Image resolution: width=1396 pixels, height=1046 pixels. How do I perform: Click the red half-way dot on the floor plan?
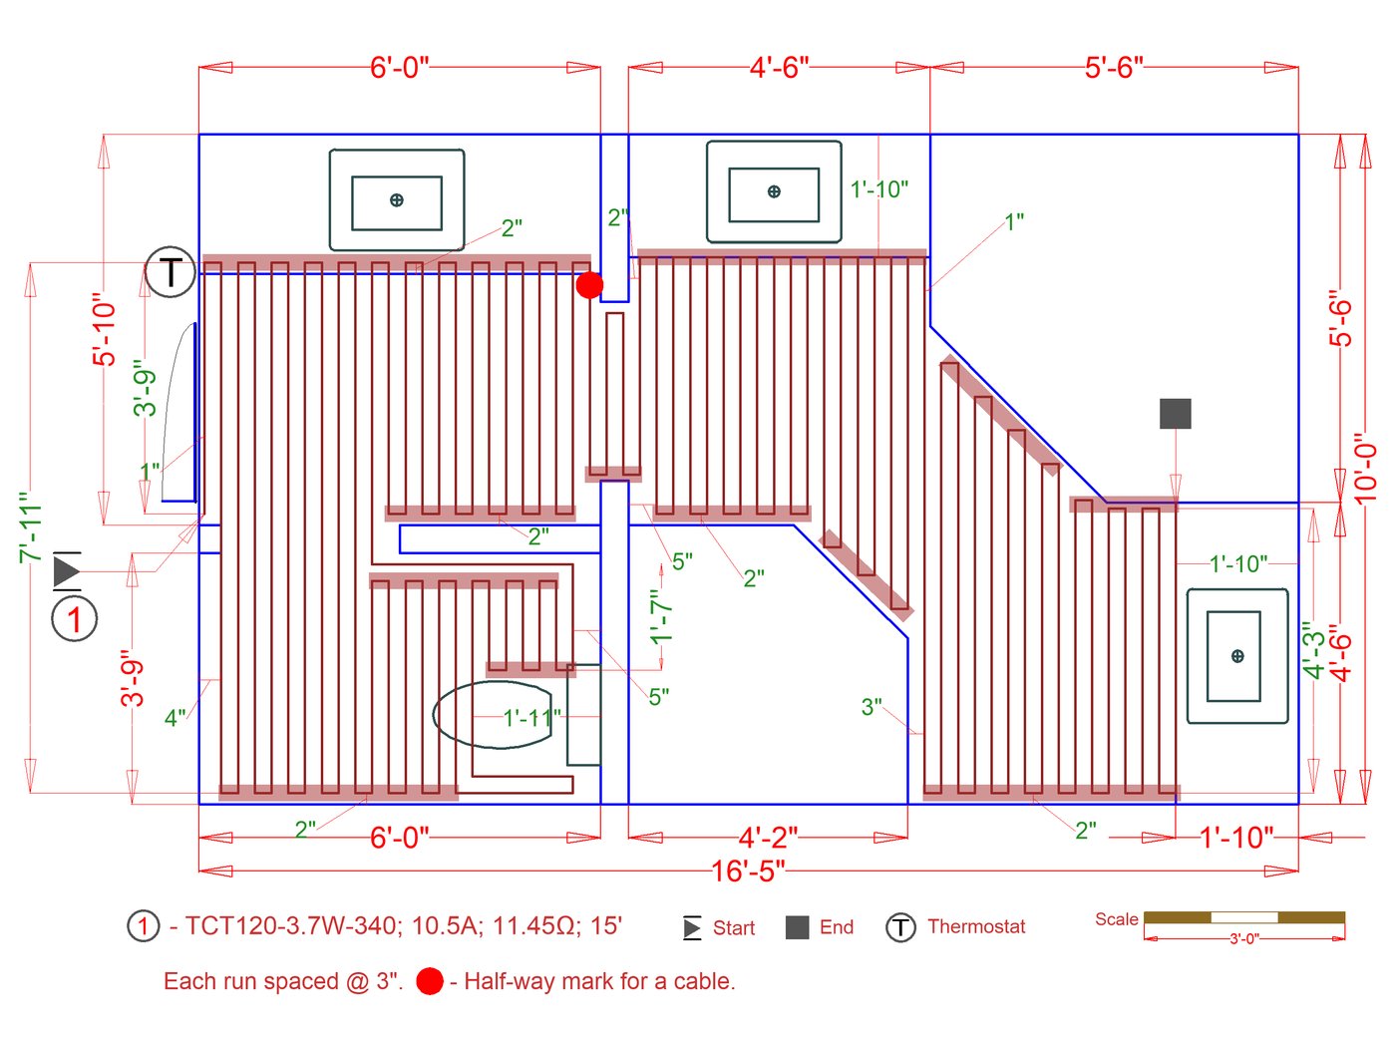[x=589, y=285]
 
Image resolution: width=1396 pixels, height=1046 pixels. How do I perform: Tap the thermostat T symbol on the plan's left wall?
[x=170, y=271]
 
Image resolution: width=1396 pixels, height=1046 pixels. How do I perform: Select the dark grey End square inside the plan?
[x=1175, y=413]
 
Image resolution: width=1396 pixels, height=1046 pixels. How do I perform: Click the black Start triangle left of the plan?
[x=66, y=570]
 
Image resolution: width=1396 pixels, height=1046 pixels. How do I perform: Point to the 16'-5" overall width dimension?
[x=748, y=871]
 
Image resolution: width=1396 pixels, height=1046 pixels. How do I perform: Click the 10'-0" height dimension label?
[x=1365, y=470]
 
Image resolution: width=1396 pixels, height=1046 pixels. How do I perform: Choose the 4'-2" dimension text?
[x=768, y=838]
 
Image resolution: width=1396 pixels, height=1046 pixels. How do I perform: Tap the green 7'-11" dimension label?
[x=31, y=527]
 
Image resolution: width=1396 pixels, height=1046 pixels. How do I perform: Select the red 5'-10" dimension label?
[x=105, y=329]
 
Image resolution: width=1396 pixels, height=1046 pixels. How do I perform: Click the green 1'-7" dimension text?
[x=661, y=617]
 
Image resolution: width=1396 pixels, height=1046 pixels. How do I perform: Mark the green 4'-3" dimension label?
[x=1312, y=650]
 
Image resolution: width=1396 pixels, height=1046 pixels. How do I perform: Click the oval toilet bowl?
[x=492, y=714]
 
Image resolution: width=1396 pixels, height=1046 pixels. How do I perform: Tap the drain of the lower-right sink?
[x=1237, y=655]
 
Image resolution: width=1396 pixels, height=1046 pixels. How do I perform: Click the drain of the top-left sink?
[x=396, y=200]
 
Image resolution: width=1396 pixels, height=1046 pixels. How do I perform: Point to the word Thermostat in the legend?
[x=975, y=926]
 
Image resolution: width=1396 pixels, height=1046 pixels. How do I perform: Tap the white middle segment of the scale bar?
[x=1244, y=917]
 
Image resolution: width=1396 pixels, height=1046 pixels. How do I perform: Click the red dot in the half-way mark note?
[x=430, y=981]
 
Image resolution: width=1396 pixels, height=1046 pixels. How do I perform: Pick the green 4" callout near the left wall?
[x=174, y=718]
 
